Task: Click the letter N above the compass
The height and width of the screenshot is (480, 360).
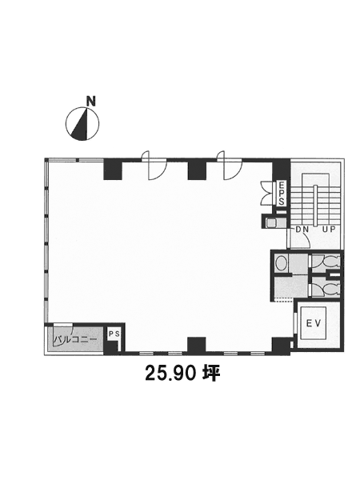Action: [91, 102]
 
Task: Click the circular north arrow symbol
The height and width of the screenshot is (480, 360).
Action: [82, 124]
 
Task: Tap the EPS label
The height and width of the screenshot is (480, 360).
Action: [282, 194]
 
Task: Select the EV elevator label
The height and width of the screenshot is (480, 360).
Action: [314, 323]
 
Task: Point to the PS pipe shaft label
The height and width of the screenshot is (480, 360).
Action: [114, 334]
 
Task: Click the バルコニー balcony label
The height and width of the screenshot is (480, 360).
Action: [75, 339]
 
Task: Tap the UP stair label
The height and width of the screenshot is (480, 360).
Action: [329, 230]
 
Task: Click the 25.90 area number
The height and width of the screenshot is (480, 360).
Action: [170, 373]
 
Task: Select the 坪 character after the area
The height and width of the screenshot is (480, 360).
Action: [211, 374]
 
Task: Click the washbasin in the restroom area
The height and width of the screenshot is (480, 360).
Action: [281, 263]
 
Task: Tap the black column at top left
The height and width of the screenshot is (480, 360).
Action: [113, 169]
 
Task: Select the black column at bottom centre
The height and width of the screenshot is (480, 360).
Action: [197, 345]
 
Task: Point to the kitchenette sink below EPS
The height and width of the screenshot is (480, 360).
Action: [271, 222]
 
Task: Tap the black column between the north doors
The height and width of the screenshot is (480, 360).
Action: [197, 170]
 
